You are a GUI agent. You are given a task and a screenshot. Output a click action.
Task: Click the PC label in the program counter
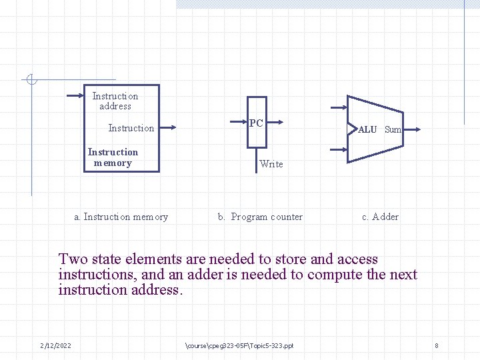[256, 123]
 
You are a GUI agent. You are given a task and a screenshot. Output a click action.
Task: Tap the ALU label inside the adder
[367, 129]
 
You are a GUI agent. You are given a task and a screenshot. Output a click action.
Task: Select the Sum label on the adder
[393, 129]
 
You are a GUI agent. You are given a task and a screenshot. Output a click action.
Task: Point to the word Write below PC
[271, 164]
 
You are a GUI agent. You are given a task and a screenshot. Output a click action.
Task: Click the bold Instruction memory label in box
[113, 157]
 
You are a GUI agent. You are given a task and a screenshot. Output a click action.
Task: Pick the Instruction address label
[115, 101]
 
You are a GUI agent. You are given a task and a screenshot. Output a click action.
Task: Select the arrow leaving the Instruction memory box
[167, 128]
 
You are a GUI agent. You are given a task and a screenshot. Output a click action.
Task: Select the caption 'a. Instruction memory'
[121, 217]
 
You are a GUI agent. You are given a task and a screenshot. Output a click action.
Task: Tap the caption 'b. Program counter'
[260, 217]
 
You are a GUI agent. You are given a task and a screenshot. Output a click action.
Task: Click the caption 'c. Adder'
[380, 217]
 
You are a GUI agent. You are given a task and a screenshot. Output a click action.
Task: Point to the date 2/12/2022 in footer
[56, 345]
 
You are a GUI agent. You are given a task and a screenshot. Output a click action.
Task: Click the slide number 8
[436, 345]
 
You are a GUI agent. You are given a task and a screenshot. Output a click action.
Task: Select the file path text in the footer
[238, 345]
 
